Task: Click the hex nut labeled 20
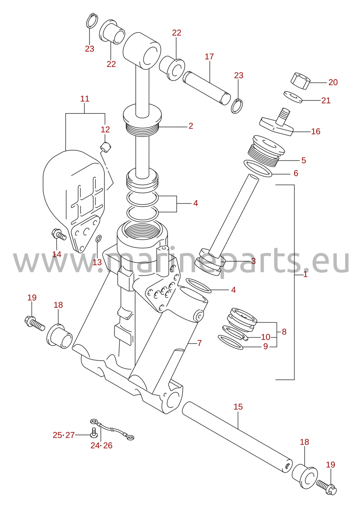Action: coord(300,81)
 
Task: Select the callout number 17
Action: coord(209,57)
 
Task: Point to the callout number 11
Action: coord(85,99)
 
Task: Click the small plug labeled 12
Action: coord(105,147)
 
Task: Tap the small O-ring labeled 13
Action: coord(99,239)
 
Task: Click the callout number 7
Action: coord(199,343)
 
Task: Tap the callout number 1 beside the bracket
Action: coord(305,275)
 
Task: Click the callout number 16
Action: coord(315,131)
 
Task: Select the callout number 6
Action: coord(296,173)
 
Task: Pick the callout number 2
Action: coord(191,126)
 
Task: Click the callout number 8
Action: coord(284,332)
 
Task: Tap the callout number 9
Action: coord(265,346)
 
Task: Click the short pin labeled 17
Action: coord(206,88)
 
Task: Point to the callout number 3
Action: coord(253,261)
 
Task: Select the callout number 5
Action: coord(303,160)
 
